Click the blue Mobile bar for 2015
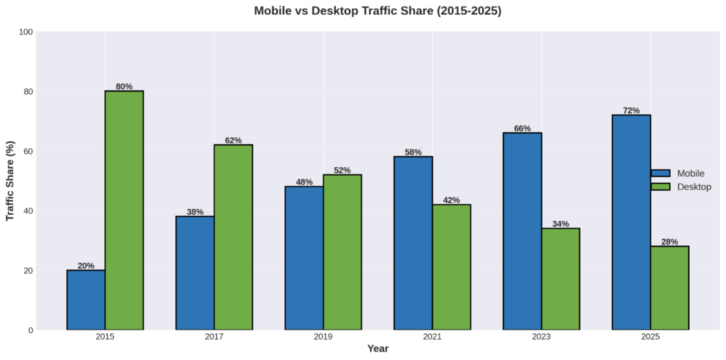[x=86, y=300]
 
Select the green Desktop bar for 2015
[x=124, y=210]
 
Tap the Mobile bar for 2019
[x=304, y=258]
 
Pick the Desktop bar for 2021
[x=452, y=267]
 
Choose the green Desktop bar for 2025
[x=669, y=288]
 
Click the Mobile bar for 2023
[x=522, y=231]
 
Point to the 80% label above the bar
[x=124, y=86]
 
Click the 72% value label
[x=631, y=111]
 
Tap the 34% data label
[x=560, y=224]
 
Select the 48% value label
[x=304, y=182]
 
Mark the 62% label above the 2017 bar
[x=233, y=140]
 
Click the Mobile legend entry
[x=681, y=173]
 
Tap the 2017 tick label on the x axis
[x=214, y=337]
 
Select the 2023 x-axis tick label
[x=541, y=337]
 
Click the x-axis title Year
[x=378, y=349]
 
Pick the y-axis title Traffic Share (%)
[x=11, y=181]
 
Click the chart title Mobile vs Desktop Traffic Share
[x=378, y=11]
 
